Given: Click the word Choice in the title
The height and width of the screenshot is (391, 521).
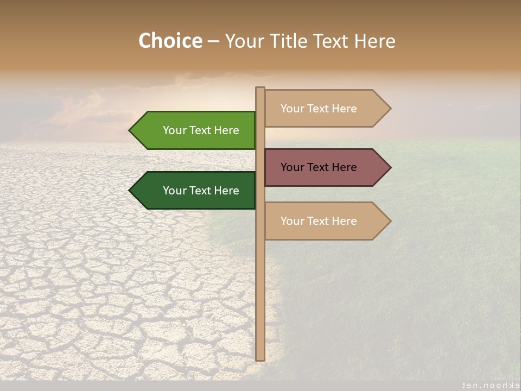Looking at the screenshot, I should [170, 41].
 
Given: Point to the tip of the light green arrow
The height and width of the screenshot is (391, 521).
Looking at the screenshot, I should [130, 130].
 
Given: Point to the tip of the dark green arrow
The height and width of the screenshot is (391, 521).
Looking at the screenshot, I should [130, 191].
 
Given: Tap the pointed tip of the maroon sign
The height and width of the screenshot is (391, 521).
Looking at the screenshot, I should [390, 167].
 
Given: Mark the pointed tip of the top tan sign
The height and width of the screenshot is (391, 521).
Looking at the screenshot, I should [390, 109].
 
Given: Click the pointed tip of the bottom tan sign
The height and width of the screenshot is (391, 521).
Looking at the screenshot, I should [390, 221].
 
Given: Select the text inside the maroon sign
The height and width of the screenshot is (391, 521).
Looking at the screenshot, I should [319, 167].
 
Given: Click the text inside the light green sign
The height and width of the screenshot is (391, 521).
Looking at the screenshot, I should [201, 130].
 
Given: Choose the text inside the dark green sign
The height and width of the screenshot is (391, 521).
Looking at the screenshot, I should [201, 191].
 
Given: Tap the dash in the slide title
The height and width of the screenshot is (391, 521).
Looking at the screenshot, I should [213, 41].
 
